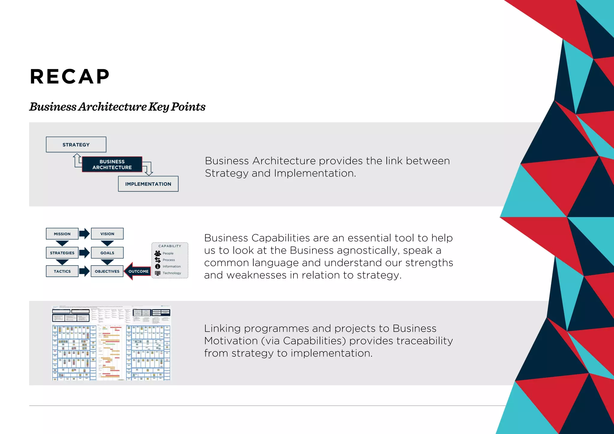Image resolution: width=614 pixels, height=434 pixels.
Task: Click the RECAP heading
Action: tap(70, 76)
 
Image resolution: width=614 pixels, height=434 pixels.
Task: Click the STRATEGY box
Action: tap(76, 144)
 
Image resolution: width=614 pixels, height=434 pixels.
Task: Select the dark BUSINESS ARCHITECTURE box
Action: tap(112, 164)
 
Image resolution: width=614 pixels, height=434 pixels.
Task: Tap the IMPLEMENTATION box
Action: tap(148, 184)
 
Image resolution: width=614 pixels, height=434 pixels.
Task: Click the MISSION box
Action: tap(62, 234)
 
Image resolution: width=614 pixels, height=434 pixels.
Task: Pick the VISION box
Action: tap(107, 234)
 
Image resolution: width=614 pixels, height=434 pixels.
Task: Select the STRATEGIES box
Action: tap(62, 253)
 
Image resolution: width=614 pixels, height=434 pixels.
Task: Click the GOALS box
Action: tap(107, 253)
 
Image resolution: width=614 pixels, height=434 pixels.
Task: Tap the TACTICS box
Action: tap(62, 271)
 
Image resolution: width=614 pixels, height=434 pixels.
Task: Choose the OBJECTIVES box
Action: tap(107, 271)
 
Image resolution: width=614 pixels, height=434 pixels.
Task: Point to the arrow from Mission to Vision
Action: tap(85, 233)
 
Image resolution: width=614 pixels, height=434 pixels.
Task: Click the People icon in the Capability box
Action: tap(158, 253)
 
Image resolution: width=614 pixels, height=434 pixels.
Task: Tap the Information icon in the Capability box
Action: tap(158, 266)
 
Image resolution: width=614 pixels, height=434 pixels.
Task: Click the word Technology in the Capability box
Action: tap(172, 273)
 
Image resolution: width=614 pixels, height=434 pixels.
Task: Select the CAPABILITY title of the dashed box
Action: tap(170, 246)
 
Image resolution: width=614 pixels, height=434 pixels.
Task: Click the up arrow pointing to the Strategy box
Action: tap(77, 159)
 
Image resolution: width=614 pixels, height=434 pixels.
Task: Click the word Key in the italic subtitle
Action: tap(159, 107)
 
